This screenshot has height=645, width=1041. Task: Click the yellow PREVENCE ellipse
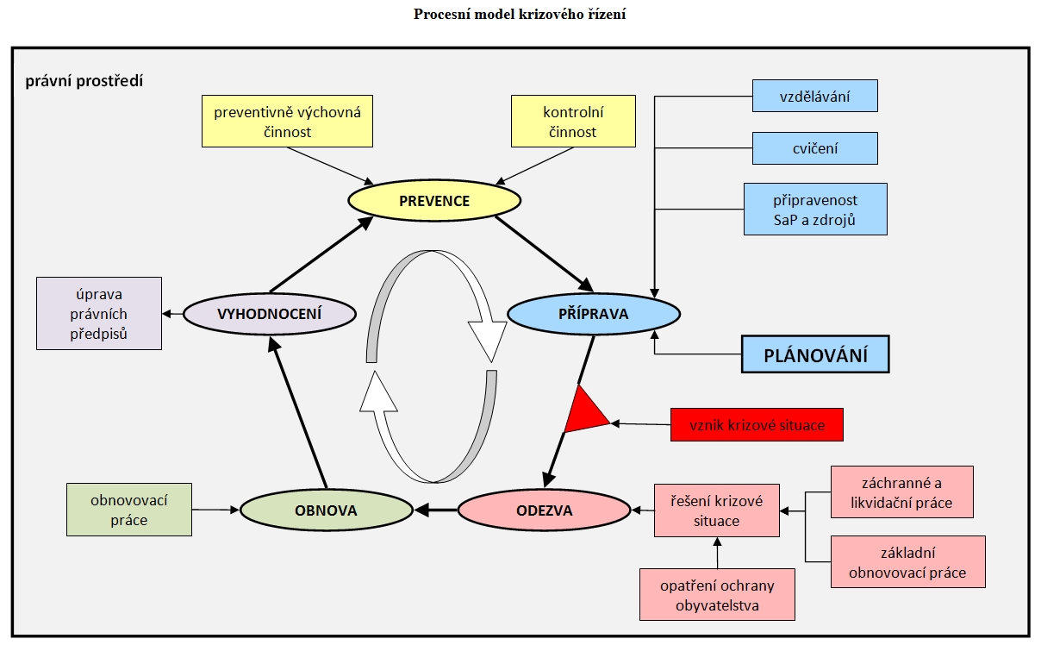[x=434, y=201]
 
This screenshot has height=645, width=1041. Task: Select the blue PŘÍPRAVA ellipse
[x=594, y=314]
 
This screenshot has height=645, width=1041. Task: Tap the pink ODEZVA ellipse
[x=544, y=510]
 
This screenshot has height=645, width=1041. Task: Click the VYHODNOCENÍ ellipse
[x=270, y=314]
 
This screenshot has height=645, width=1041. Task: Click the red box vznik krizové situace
[x=757, y=425]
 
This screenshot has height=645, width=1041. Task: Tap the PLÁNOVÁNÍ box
[x=814, y=354]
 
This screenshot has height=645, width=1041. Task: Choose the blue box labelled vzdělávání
[x=814, y=96]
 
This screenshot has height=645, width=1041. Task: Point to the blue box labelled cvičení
[x=814, y=148]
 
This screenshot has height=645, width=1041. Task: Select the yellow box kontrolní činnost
[x=573, y=122]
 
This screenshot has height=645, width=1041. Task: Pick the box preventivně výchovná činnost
[x=287, y=122]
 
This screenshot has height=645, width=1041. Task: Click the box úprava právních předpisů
[x=99, y=313]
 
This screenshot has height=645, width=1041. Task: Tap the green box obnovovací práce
[x=129, y=510]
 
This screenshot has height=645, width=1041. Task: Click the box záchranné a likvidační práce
[x=901, y=492]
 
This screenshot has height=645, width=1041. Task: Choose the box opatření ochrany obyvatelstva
[x=717, y=594]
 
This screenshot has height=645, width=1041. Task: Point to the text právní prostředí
[x=84, y=82]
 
